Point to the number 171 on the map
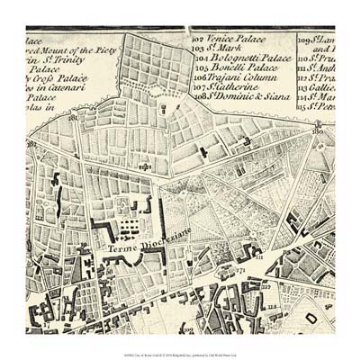coord(240,269)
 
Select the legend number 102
coord(200,40)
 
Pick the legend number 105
coord(200,67)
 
